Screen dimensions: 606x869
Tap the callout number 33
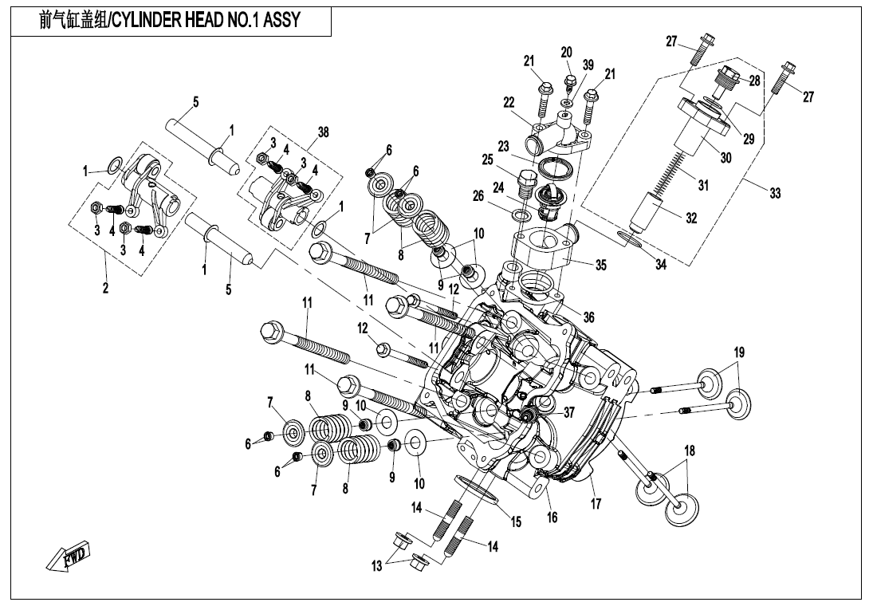click(775, 193)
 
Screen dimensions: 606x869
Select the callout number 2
click(105, 289)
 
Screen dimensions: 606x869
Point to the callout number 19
click(739, 352)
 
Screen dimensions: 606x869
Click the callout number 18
click(689, 451)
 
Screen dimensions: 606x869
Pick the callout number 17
click(596, 503)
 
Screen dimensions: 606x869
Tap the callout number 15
click(516, 521)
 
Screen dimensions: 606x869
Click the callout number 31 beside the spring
click(702, 185)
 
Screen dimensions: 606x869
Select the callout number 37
click(568, 412)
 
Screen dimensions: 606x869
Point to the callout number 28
click(753, 81)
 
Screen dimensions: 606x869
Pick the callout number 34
click(660, 264)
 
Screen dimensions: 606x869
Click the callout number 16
click(552, 517)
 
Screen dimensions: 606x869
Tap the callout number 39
click(588, 65)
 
